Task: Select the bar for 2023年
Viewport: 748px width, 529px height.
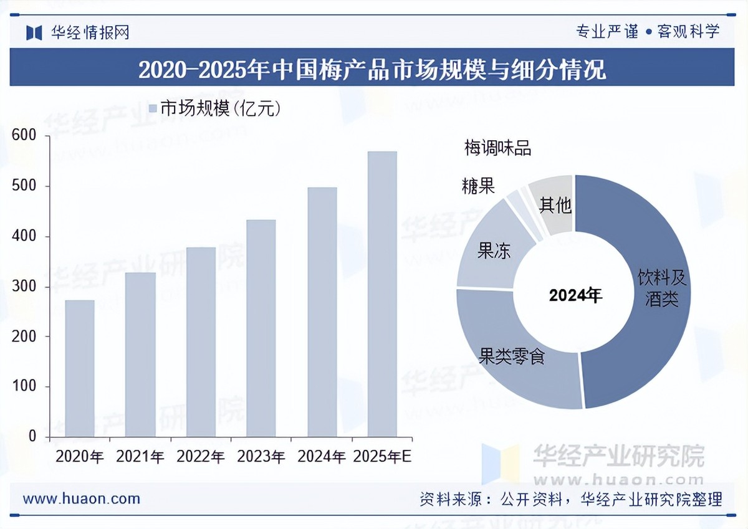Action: [261, 328]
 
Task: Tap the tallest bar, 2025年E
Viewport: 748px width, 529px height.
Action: [382, 293]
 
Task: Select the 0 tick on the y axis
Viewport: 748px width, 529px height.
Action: [32, 437]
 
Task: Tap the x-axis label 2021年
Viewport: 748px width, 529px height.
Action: [140, 457]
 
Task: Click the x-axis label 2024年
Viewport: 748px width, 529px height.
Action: [322, 457]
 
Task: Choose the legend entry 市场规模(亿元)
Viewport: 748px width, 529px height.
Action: [215, 108]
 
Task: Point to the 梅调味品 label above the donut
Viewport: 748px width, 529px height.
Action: [497, 148]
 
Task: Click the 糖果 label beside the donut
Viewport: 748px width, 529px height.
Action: [478, 186]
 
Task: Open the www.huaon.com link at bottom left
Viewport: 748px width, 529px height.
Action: [82, 498]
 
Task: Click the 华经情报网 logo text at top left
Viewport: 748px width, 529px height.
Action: [90, 32]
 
